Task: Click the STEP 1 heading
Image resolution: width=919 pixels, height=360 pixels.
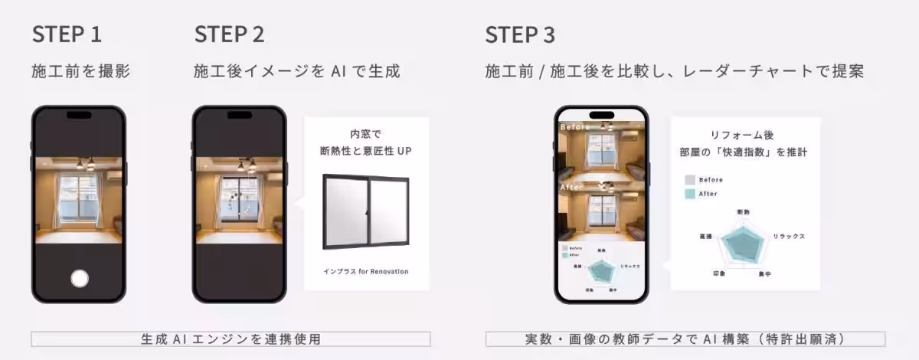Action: pos(67,35)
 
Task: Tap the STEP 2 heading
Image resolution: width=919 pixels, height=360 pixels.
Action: pos(230,35)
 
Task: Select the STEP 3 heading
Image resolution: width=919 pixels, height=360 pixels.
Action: pos(520,35)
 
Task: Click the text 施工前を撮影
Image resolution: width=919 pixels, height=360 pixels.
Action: pos(80,72)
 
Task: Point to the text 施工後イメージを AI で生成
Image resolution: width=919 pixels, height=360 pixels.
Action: pos(297,72)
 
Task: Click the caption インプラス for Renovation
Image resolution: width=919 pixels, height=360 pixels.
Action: pos(365,271)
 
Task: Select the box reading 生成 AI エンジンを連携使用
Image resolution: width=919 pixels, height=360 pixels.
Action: pos(231,339)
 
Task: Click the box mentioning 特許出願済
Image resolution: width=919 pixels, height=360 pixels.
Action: pos(685,339)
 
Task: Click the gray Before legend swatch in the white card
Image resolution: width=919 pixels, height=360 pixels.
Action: pos(690,180)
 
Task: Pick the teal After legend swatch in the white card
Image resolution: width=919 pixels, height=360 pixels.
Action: pos(690,194)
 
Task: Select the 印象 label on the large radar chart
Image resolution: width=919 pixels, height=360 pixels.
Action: pos(719,273)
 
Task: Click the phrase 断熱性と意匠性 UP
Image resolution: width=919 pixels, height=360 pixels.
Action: pos(365,152)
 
